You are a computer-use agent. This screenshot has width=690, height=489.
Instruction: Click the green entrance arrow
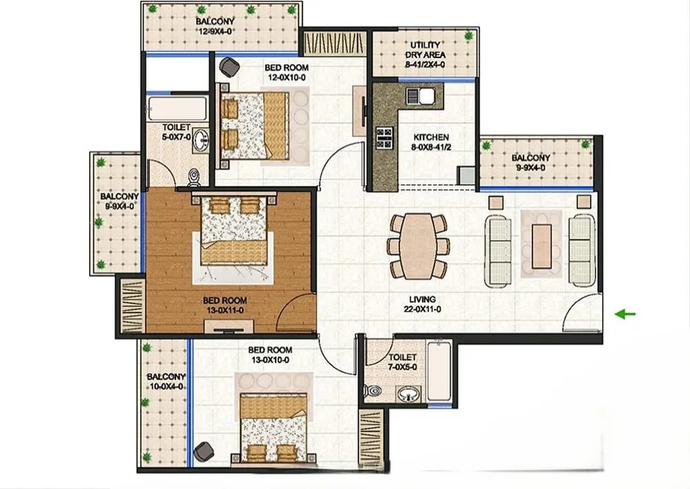625,314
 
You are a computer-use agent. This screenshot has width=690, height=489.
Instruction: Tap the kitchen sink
421,95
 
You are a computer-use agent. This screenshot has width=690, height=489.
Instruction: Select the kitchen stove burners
384,137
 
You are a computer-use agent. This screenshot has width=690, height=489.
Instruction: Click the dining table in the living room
418,246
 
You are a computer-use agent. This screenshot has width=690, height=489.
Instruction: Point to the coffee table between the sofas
542,246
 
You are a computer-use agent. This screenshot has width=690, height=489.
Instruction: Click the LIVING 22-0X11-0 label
422,304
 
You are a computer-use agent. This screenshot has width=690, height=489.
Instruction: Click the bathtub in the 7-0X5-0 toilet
439,370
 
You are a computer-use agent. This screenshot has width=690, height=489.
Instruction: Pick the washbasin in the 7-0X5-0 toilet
408,394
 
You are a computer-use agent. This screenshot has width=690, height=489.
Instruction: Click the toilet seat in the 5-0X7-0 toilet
193,177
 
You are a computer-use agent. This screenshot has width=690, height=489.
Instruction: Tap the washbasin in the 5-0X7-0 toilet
201,140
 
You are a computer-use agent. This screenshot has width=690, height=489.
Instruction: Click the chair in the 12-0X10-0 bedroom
229,66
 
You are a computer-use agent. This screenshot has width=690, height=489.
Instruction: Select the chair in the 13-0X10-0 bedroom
204,451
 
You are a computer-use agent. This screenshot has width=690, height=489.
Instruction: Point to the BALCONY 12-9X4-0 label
215,26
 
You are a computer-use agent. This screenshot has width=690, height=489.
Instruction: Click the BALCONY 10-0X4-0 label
166,381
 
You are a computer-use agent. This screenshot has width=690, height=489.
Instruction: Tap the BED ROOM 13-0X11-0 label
225,305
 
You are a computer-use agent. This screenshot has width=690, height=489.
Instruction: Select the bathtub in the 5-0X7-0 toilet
177,108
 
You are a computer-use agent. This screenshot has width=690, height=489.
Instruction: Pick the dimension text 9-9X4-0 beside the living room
531,167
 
